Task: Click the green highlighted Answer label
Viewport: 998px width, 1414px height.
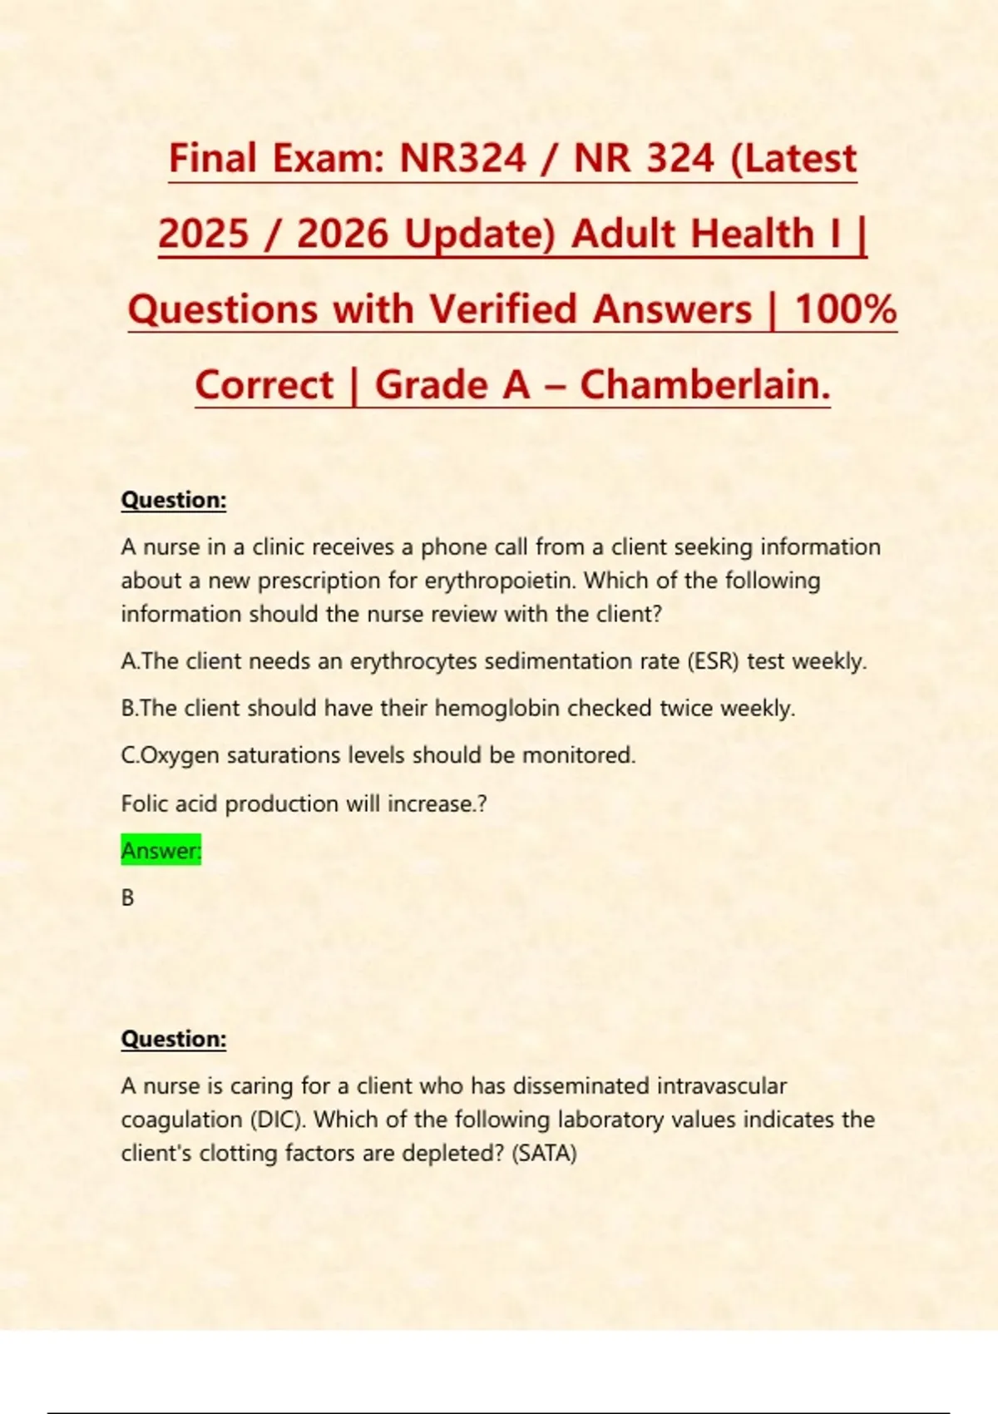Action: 161,850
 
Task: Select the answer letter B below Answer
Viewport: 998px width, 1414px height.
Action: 127,897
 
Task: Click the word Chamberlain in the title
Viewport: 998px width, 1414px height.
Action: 704,384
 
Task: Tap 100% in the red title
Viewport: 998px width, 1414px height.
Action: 845,309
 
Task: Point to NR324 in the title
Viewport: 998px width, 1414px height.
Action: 462,157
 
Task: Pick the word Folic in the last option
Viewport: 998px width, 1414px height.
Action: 146,803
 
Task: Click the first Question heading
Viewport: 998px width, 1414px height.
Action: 174,500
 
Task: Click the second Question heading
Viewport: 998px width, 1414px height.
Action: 174,1039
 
